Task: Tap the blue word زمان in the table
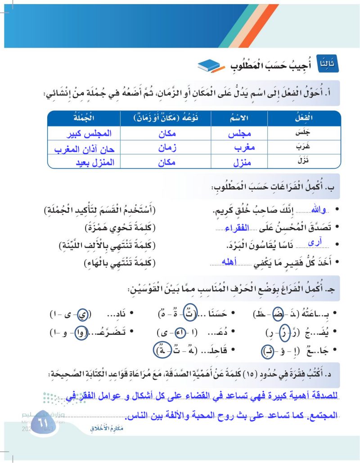coord(171,147)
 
